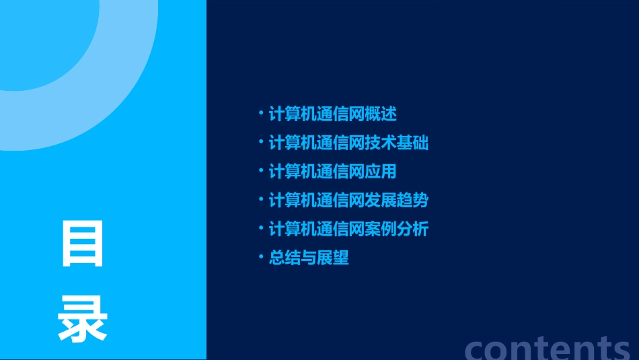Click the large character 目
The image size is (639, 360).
83,244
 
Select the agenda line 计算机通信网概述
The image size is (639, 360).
332,114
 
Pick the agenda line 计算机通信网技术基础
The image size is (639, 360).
348,143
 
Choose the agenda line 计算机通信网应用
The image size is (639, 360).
332,172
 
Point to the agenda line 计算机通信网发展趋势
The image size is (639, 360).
348,201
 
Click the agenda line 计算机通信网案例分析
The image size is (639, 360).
348,229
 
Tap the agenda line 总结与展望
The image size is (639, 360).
309,258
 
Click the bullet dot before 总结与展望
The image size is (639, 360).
261,258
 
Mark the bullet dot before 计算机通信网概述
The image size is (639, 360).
261,114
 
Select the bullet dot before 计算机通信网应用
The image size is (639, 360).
261,172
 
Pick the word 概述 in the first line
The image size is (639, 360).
381,114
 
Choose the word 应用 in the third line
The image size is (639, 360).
381,172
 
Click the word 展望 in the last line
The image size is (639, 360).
334,258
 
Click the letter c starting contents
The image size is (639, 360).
475,349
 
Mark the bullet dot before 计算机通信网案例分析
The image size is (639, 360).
261,229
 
